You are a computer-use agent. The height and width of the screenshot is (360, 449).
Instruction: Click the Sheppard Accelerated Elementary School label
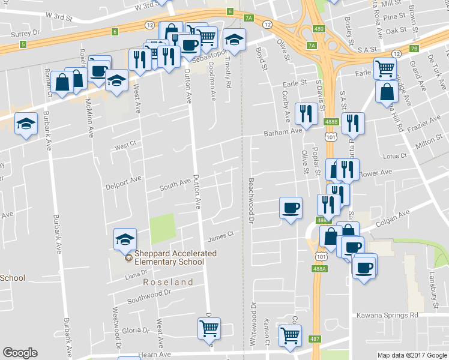175,257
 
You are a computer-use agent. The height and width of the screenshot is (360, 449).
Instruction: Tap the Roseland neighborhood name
168,282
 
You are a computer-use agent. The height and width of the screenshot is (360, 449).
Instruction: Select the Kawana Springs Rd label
387,315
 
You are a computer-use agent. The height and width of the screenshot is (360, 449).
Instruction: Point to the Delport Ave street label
123,179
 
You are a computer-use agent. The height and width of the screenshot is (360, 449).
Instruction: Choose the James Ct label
220,237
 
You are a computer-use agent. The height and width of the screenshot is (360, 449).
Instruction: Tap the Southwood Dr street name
150,295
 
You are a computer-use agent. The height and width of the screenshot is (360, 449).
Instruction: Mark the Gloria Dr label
135,331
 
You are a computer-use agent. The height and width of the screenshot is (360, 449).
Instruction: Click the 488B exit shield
331,122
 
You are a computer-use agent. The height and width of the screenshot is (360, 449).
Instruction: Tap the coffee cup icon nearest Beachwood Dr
291,208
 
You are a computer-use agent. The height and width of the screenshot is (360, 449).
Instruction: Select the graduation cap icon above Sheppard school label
125,239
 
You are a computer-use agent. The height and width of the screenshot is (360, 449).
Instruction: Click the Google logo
20,353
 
